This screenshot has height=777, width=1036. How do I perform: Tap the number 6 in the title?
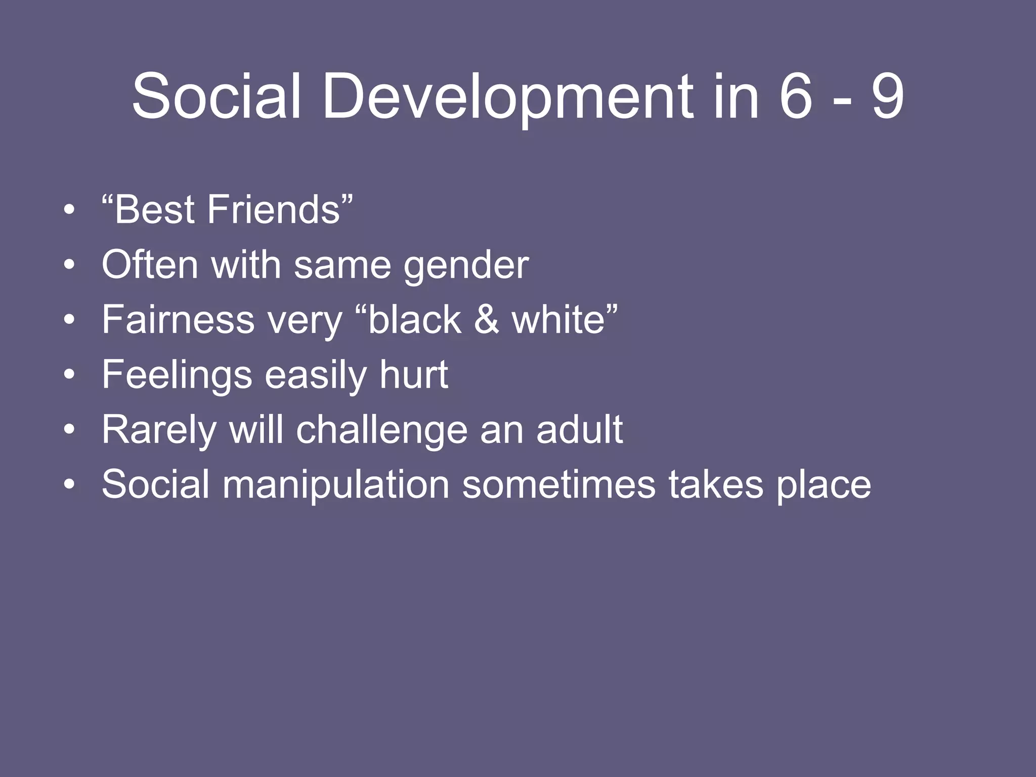coord(796,96)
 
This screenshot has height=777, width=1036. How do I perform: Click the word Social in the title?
coord(217,96)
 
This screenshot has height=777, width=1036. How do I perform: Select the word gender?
coord(466,266)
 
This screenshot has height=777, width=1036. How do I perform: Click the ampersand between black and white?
coord(486,320)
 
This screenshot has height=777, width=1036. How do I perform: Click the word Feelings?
coord(177,375)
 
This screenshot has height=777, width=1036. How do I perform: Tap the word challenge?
coord(382,430)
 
